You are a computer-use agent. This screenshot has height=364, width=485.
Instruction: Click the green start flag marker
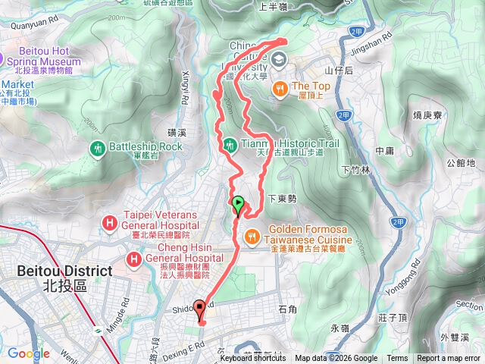238,203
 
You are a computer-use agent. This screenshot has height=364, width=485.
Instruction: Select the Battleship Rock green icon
97,146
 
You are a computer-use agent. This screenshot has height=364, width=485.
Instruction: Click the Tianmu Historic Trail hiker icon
229,143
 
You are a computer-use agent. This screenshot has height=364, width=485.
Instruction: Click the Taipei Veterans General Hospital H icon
110,223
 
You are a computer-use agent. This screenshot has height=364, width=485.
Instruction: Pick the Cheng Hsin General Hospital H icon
134,259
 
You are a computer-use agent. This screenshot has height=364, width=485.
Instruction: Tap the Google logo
28,353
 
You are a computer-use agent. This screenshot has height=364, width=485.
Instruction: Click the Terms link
397,359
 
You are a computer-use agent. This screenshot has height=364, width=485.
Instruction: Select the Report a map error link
449,359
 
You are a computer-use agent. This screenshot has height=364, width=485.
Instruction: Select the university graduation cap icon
279,59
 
